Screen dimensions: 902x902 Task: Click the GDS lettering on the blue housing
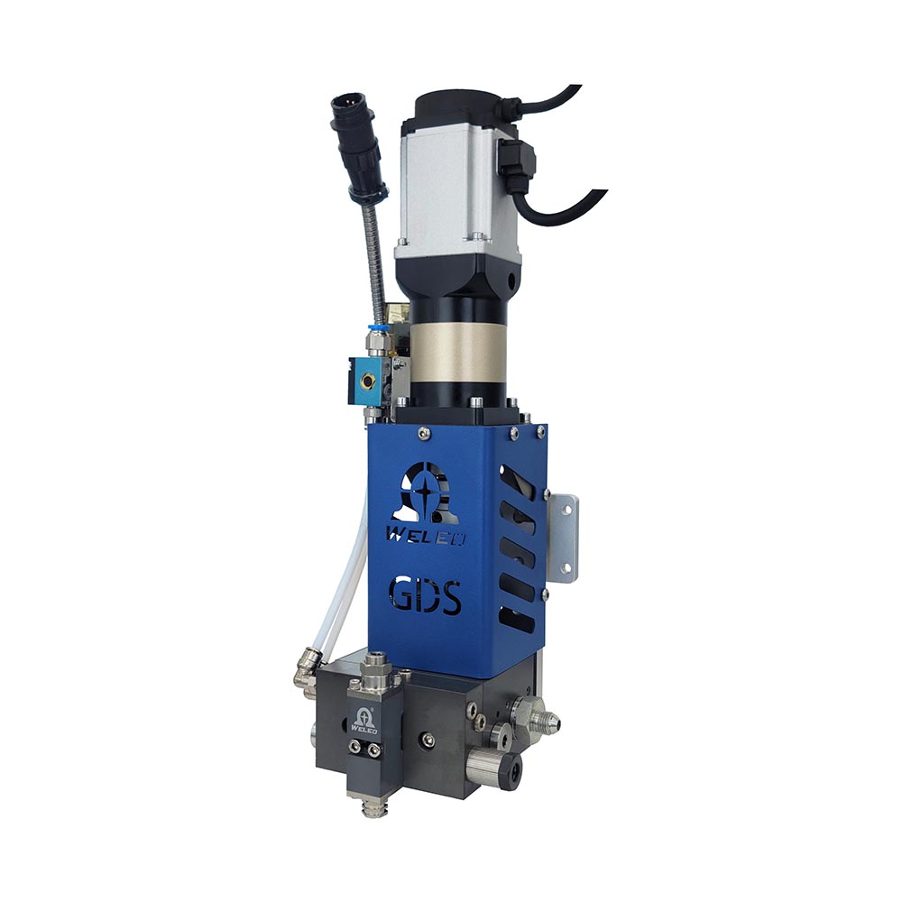coord(425,596)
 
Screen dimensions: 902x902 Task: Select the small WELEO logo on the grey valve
coord(364,721)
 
